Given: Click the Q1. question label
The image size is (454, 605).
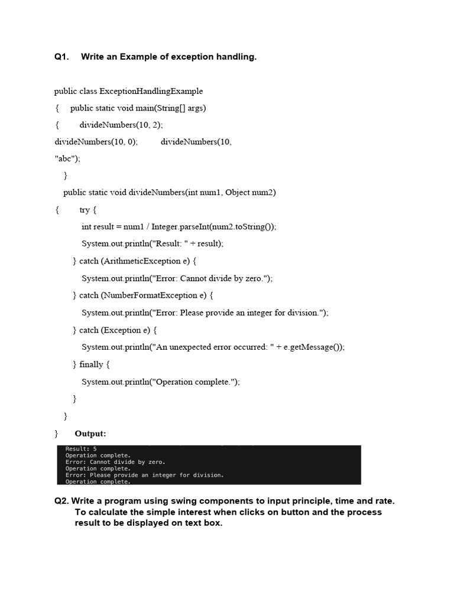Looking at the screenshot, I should [x=61, y=57].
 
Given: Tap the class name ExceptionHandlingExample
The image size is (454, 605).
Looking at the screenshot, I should [x=151, y=91].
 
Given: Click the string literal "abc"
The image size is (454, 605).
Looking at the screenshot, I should [x=65, y=158].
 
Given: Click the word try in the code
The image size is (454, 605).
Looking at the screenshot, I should [x=85, y=210].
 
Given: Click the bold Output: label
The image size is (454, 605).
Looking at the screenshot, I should [x=90, y=434].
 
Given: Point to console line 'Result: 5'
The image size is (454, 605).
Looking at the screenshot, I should [x=81, y=449].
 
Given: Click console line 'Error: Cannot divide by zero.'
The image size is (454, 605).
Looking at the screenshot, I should [x=115, y=462].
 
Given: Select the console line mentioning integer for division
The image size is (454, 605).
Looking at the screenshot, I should [x=144, y=475].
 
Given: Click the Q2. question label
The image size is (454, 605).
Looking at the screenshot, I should [x=61, y=501].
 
